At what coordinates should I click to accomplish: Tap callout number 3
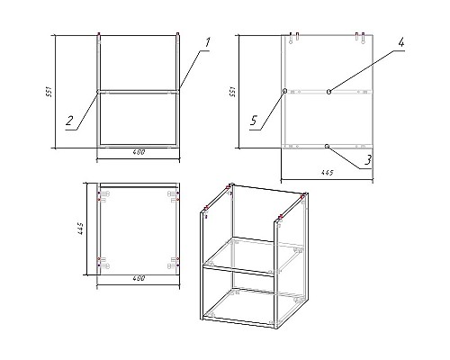pyautogui.click(x=369, y=161)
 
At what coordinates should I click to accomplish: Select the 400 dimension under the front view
pyautogui.click(x=139, y=151)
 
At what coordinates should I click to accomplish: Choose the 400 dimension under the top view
pyautogui.click(x=139, y=279)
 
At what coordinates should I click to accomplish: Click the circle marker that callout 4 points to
pyautogui.click(x=329, y=91)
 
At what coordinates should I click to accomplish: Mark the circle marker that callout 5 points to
pyautogui.click(x=284, y=91)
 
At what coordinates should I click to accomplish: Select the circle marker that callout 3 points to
pyautogui.click(x=328, y=145)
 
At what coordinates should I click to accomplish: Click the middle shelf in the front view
pyautogui.click(x=139, y=91)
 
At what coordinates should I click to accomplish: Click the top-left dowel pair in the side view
pyautogui.click(x=294, y=37)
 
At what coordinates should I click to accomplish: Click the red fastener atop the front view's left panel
pyautogui.click(x=98, y=36)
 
